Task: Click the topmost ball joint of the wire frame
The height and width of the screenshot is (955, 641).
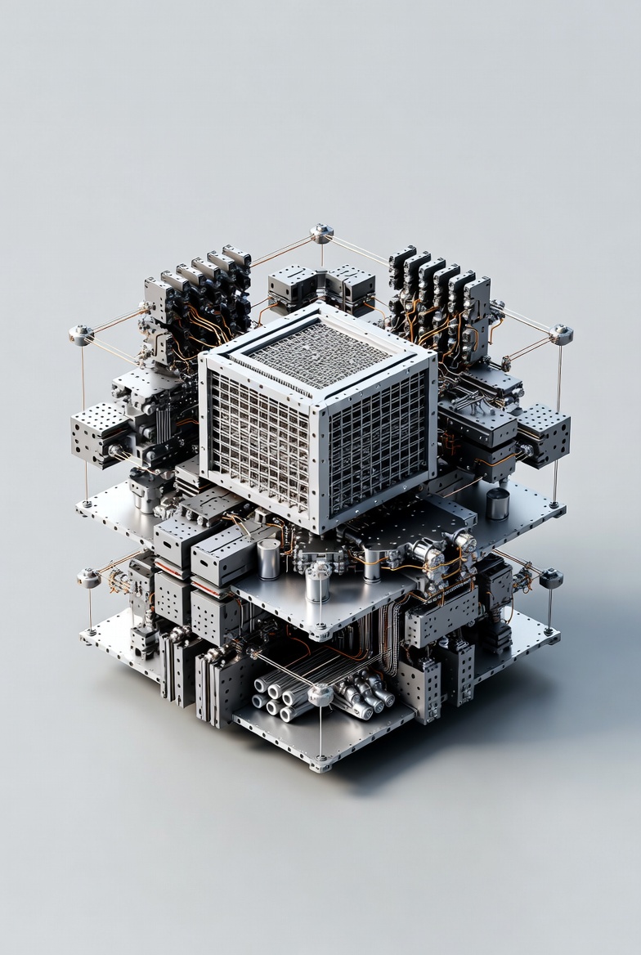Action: tap(321, 233)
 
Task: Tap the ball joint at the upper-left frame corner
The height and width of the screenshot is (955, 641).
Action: tap(80, 334)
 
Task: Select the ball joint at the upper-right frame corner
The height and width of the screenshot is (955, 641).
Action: tap(561, 334)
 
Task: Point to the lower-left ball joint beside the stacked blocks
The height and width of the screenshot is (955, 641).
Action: tap(88, 577)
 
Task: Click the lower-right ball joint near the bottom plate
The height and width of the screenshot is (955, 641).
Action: tap(550, 577)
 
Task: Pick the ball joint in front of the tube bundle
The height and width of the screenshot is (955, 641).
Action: tap(320, 694)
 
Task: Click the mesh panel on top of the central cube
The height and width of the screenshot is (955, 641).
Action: tap(319, 353)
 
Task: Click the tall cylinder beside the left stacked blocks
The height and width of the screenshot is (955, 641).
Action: tap(268, 558)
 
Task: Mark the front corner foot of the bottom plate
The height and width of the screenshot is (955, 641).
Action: tap(320, 766)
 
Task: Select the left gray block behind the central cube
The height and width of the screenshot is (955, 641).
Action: tap(291, 286)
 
